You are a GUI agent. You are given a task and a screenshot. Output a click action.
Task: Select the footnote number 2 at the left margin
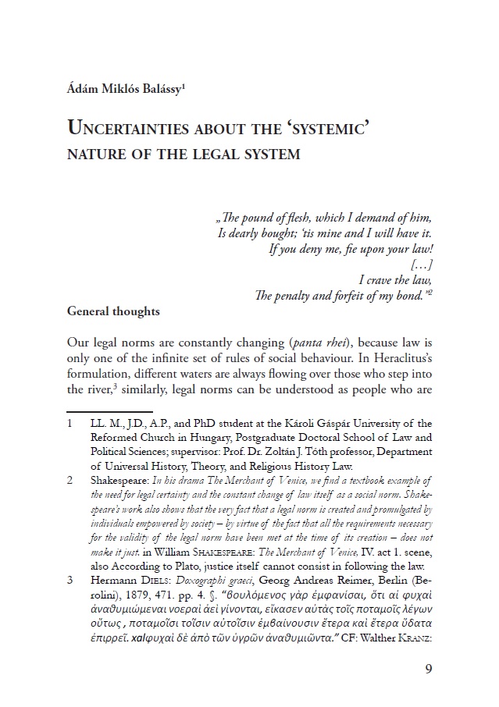(70, 480)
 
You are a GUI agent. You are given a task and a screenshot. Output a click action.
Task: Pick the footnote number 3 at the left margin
(70, 580)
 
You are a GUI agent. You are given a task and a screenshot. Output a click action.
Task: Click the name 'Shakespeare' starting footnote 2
(119, 480)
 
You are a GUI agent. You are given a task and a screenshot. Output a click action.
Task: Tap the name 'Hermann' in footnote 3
(114, 580)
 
